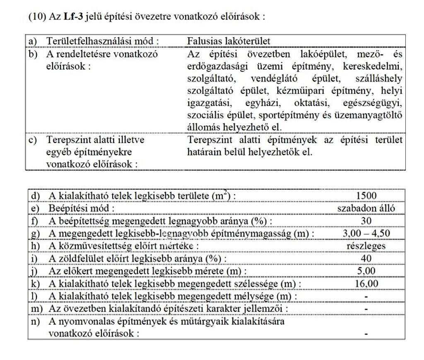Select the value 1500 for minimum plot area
(x=366, y=196)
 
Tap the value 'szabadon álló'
(x=366, y=208)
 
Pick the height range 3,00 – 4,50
(x=366, y=233)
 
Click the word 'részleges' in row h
(x=366, y=246)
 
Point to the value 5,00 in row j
(x=366, y=271)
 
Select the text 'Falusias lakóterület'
(x=229, y=41)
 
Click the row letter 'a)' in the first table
(x=33, y=41)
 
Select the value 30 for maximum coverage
(x=366, y=221)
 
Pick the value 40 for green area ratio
(x=366, y=259)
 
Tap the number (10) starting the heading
(x=36, y=17)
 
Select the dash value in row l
(x=366, y=297)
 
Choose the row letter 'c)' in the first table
(x=33, y=140)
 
